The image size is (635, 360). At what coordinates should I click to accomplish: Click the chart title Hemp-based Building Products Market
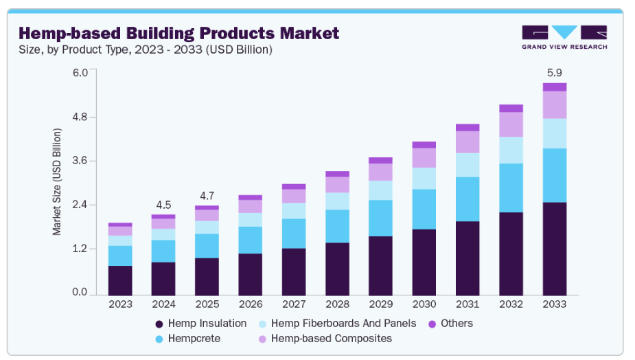(x=178, y=33)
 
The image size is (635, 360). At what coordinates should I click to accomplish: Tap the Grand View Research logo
(x=564, y=37)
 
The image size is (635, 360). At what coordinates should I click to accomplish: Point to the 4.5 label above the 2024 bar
(x=163, y=204)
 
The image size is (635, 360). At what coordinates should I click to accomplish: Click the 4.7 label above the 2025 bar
(x=206, y=195)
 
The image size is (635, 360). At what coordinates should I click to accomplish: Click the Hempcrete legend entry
(x=189, y=339)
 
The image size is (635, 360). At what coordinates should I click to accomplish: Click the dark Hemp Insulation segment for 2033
(x=554, y=247)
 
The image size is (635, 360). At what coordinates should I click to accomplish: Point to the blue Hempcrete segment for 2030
(x=424, y=210)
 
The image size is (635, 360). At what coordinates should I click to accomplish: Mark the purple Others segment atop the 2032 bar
(x=511, y=109)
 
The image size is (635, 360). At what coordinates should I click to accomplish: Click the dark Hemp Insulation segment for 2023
(x=120, y=279)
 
